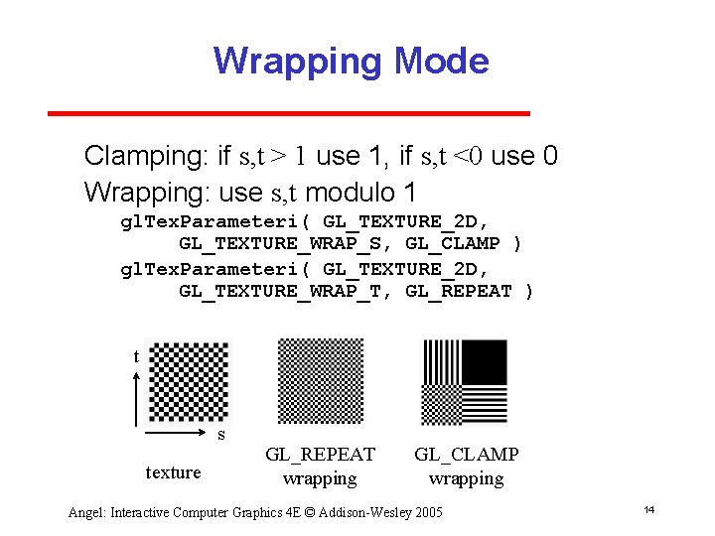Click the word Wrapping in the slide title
[x=298, y=62]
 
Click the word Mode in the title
[x=442, y=62]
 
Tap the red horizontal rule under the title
[x=289, y=113]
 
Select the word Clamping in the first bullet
[x=144, y=156]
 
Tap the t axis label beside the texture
[x=136, y=356]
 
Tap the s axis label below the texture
[x=221, y=435]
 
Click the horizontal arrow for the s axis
[x=179, y=434]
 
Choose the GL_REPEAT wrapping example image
[x=321, y=381]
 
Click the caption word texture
[x=173, y=472]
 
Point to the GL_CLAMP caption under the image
[x=466, y=455]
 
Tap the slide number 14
[x=647, y=510]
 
